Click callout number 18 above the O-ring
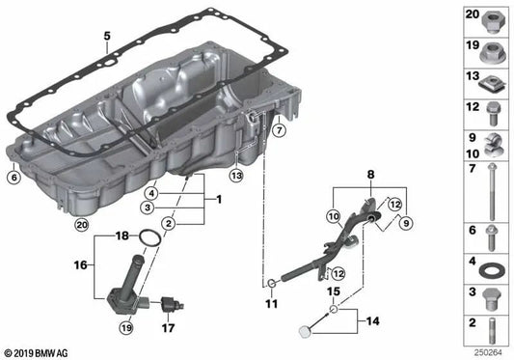click(x=122, y=235)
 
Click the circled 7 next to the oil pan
click(x=277, y=128)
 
